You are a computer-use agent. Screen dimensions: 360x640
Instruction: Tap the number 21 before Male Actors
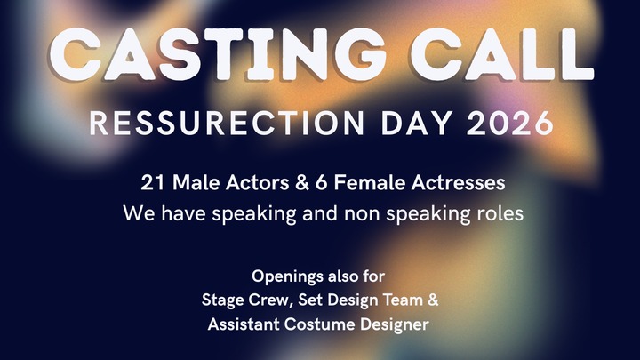150,183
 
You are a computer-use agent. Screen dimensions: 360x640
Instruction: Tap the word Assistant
243,324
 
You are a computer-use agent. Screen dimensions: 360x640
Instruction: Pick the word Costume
322,324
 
